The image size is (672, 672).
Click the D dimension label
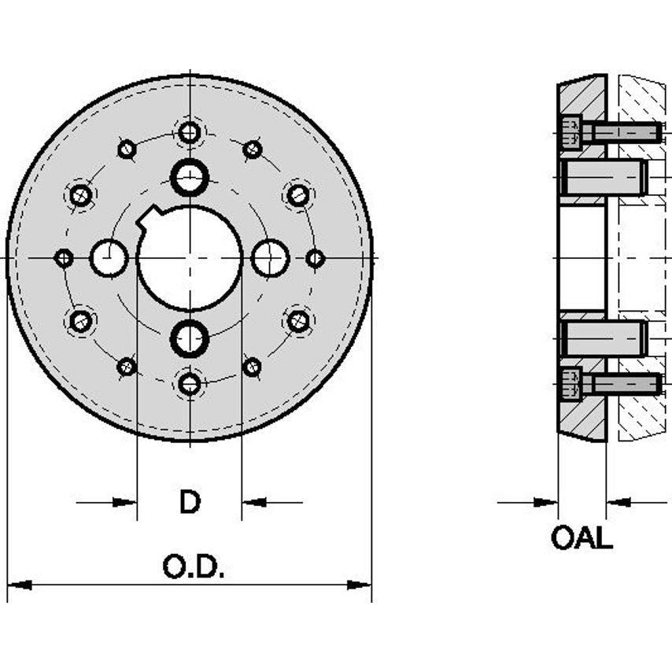[x=190, y=501]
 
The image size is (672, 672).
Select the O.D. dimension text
[x=194, y=566]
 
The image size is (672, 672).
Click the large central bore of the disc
[x=190, y=258]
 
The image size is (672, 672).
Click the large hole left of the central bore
[x=109, y=258]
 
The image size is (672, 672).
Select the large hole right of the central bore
[x=271, y=258]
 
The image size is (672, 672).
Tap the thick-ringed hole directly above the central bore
[x=190, y=177]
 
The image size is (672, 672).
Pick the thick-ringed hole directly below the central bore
[x=190, y=339]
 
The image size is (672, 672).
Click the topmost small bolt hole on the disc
[x=189, y=132]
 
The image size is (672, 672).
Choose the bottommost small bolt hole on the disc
[x=190, y=384]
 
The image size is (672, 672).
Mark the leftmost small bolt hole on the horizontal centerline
[x=65, y=258]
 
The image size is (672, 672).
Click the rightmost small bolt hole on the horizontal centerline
[x=315, y=258]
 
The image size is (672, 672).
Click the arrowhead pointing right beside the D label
[x=126, y=501]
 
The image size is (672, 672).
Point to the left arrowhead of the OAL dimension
[x=547, y=501]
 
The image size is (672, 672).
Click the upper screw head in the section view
[x=571, y=131]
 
